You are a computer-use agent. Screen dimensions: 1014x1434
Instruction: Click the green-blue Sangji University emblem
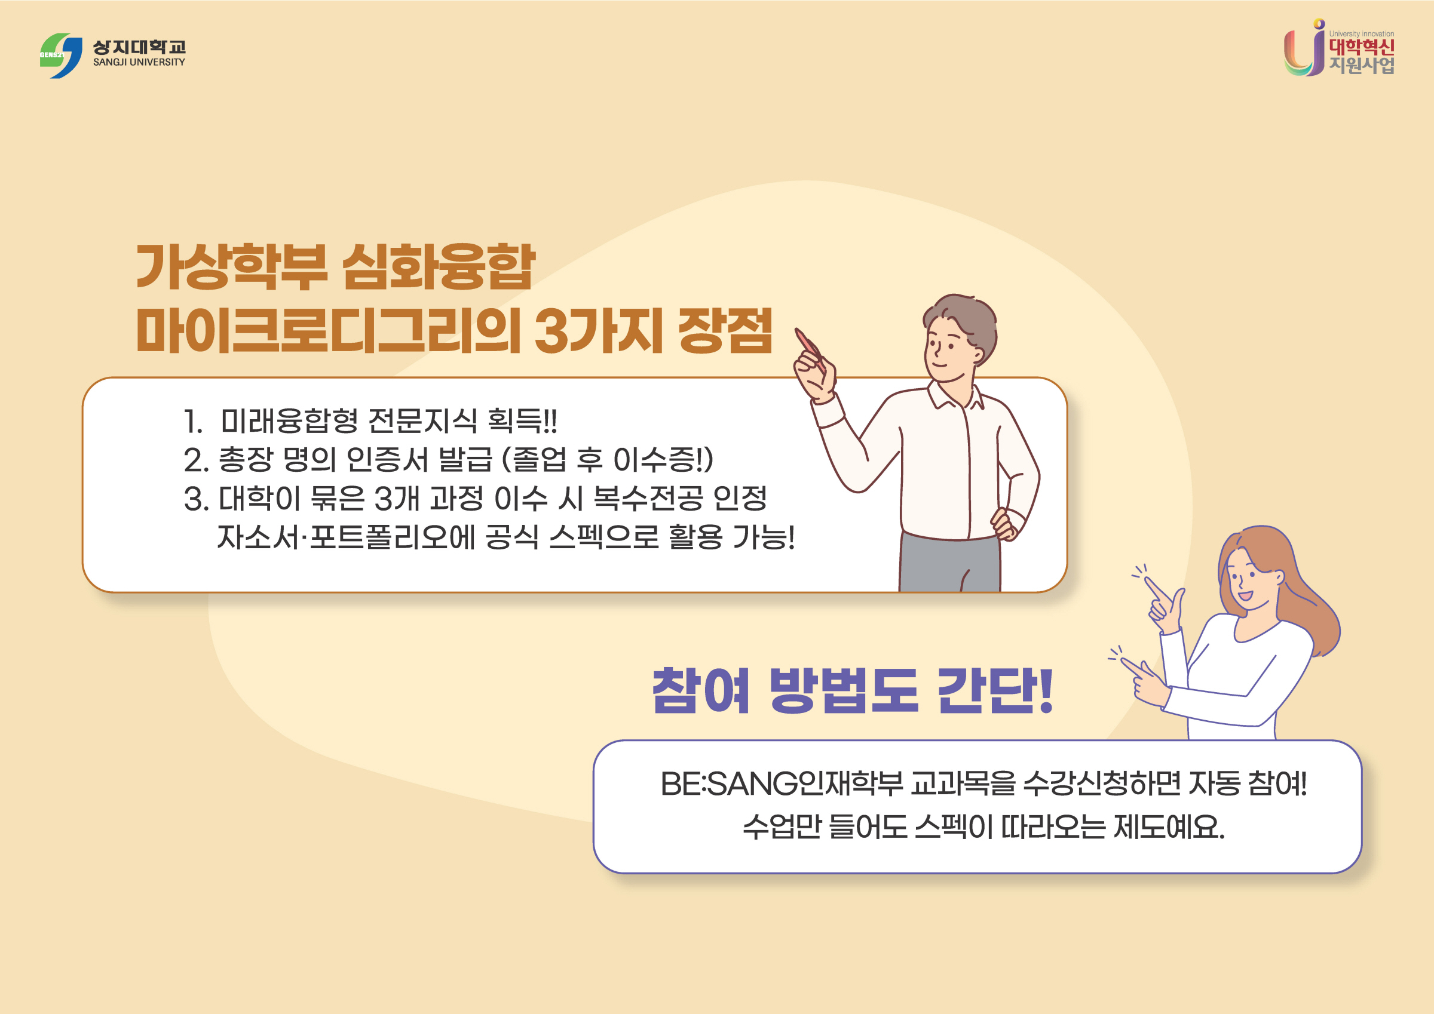60,56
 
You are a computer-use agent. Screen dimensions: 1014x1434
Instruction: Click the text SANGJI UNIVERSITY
139,63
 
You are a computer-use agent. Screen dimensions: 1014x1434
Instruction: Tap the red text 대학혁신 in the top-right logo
1361,47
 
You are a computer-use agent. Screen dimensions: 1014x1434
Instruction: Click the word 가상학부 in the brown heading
231,268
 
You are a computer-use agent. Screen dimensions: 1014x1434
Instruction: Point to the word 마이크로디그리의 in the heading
328,331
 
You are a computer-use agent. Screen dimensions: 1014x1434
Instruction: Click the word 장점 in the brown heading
725,331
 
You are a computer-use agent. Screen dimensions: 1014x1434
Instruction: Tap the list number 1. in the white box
193,422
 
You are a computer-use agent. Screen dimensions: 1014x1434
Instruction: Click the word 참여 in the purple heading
700,690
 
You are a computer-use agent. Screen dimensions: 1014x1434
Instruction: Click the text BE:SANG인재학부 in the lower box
781,784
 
